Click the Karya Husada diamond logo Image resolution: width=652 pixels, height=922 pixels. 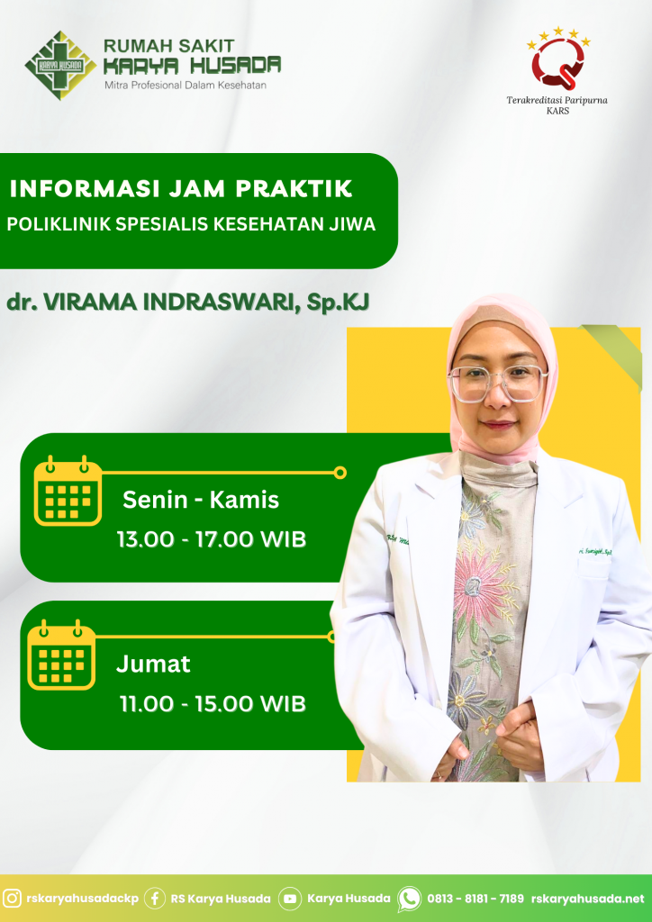click(x=60, y=65)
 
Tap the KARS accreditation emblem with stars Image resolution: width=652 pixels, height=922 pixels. click(x=557, y=59)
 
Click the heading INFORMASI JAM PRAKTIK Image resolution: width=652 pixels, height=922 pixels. click(x=181, y=189)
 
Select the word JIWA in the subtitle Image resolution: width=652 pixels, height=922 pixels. click(x=357, y=224)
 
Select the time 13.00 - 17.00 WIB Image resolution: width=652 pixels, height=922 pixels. click(x=212, y=540)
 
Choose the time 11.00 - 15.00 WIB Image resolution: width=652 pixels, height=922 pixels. click(x=213, y=704)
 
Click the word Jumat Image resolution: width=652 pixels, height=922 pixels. click(x=153, y=664)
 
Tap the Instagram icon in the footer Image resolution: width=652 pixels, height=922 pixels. click(x=13, y=899)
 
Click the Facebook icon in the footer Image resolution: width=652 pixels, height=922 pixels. click(x=155, y=899)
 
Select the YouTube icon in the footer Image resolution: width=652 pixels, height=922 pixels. click(x=289, y=899)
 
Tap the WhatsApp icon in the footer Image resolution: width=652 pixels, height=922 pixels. click(x=409, y=899)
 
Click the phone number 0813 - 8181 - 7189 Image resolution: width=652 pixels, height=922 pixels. click(x=475, y=899)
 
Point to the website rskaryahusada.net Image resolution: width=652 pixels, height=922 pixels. click(x=588, y=899)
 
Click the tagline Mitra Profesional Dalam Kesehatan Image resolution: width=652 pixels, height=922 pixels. click(x=186, y=86)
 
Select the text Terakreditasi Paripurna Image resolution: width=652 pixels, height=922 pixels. click(x=557, y=100)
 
